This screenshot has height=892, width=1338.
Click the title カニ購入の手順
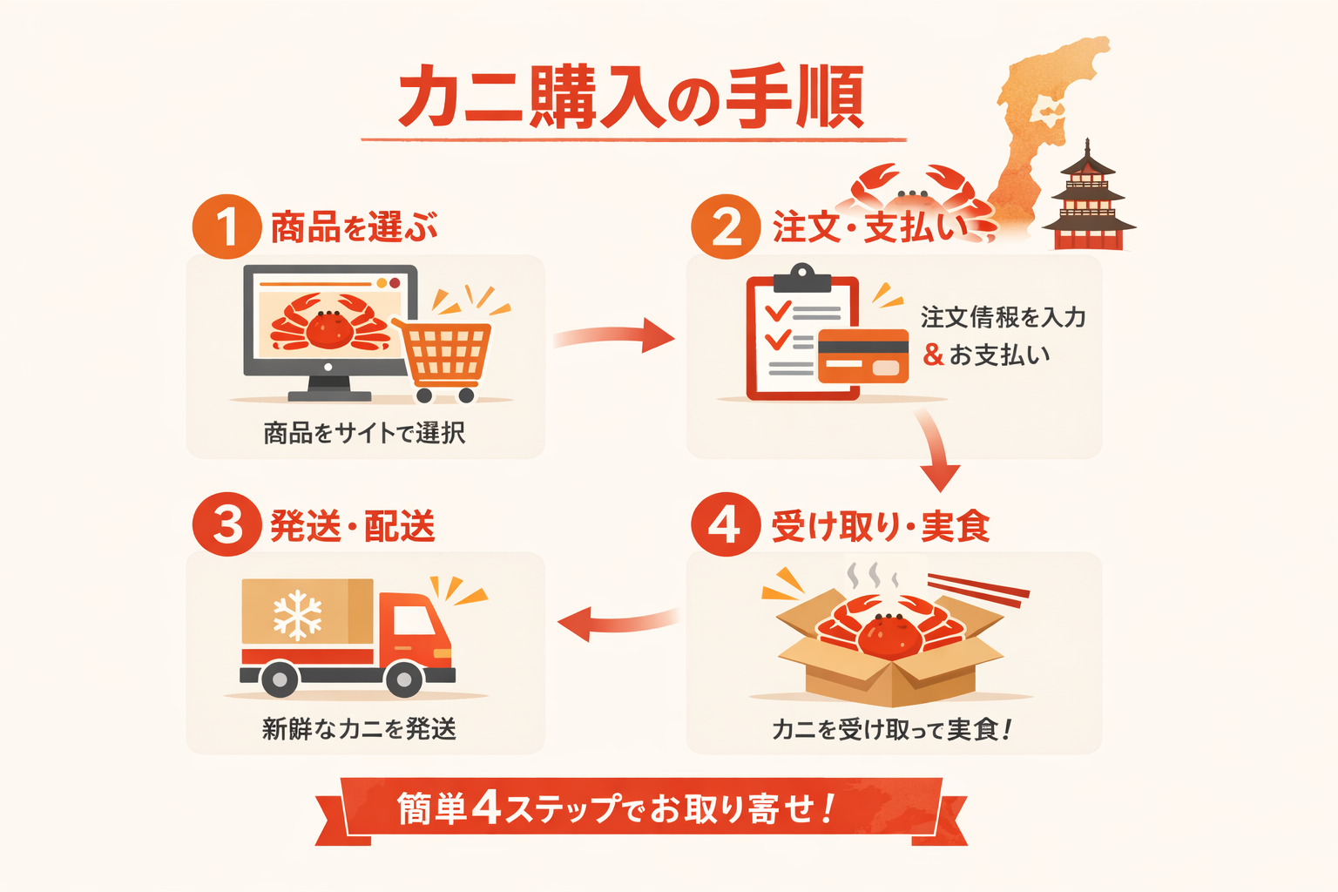pos(632,97)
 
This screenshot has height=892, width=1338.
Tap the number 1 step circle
pos(226,226)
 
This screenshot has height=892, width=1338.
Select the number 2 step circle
pos(726,227)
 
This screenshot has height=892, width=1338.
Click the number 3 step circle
pos(226,524)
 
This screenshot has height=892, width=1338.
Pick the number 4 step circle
pos(726,524)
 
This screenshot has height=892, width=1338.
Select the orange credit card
pos(862,355)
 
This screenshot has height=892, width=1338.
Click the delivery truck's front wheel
pos(404,678)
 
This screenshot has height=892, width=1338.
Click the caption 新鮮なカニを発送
pos(359,728)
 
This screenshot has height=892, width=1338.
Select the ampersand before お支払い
pos(933,355)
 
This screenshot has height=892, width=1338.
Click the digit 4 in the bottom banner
pos(486,808)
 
